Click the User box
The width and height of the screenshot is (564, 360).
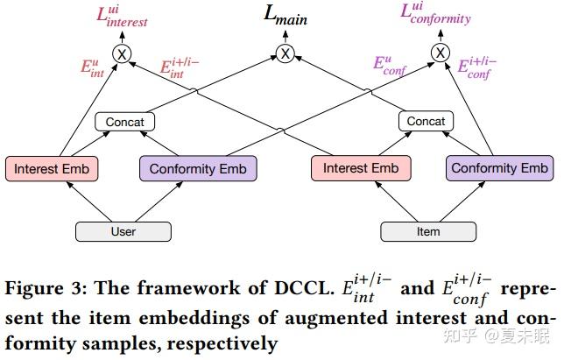click(x=123, y=231)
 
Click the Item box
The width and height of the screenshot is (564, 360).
click(x=428, y=231)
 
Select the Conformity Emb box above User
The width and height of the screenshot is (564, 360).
click(x=197, y=169)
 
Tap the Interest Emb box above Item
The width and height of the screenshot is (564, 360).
click(x=360, y=168)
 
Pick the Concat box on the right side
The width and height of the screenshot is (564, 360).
click(x=427, y=122)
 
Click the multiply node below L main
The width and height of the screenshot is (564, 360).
click(x=286, y=54)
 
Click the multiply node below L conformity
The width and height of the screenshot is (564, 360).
click(x=440, y=54)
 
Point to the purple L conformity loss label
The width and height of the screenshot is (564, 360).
click(x=435, y=14)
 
